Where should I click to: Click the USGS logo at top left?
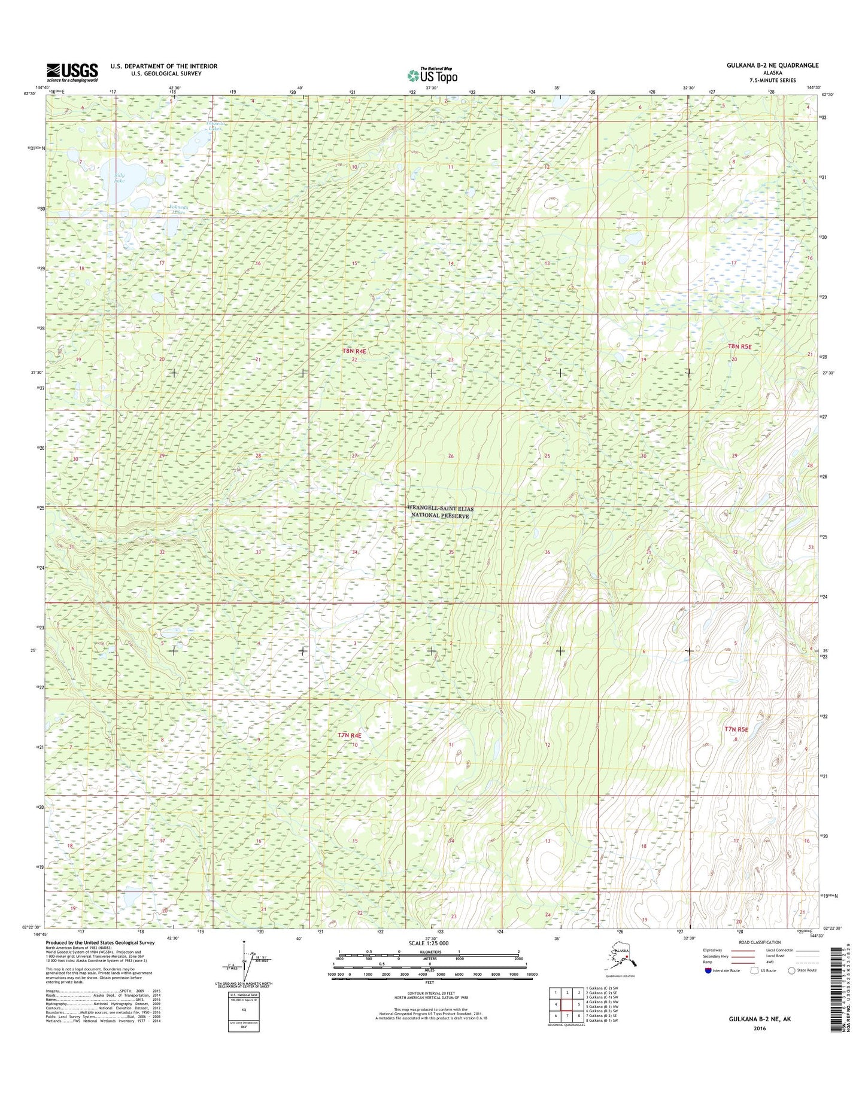[72, 72]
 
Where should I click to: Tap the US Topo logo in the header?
[432, 75]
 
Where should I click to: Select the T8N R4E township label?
[354, 351]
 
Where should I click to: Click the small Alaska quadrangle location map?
[623, 960]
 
